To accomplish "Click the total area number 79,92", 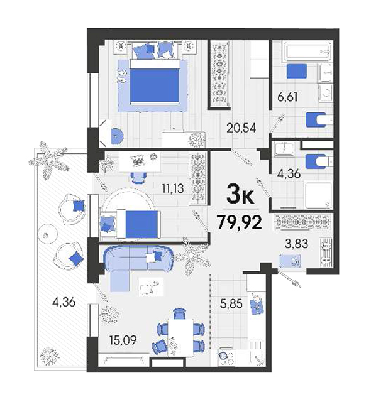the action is coord(239,222).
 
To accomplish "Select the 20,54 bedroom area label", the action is coord(241,128).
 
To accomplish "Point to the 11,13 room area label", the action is coord(173,188).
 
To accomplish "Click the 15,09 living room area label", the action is coord(123,340).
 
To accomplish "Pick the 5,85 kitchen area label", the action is coord(231,304).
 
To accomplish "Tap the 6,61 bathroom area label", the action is coord(287,97).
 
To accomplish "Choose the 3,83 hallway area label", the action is coord(296,244).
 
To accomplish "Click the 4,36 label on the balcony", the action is coord(64,302).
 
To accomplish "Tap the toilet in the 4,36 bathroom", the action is coord(319,161).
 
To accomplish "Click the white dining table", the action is coord(180,337).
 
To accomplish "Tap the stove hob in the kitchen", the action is coord(226,357).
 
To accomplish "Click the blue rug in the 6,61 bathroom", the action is coord(297,71).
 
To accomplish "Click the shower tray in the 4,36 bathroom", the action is coord(319,195).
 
